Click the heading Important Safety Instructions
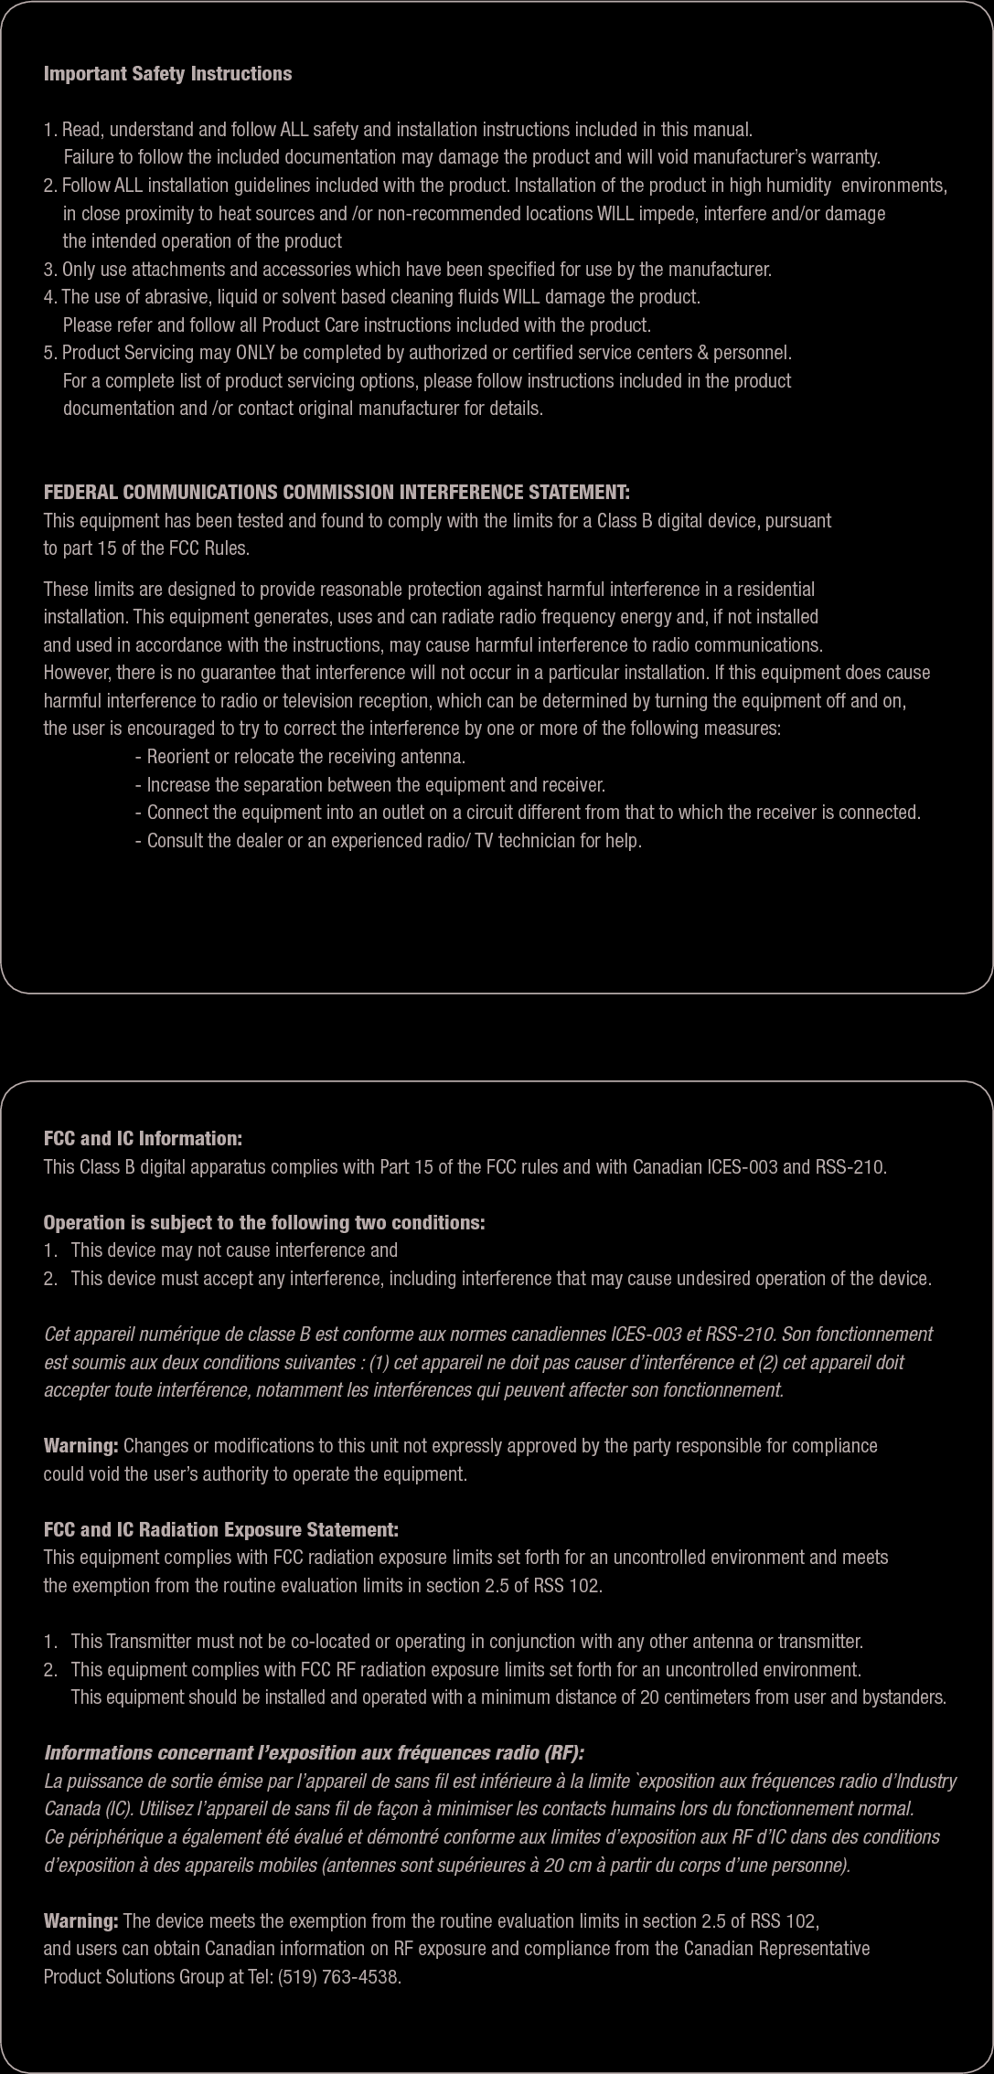coord(167,74)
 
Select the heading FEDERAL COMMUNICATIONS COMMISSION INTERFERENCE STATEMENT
coord(337,493)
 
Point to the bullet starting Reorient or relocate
coord(300,758)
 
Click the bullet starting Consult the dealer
coord(389,840)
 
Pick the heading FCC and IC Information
coord(143,1139)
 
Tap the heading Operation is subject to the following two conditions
coord(264,1223)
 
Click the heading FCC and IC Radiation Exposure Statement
coord(221,1530)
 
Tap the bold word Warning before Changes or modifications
coord(80,1446)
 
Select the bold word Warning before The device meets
coord(80,1921)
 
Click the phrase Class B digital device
coord(676,521)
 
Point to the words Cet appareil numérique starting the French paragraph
coord(120,1335)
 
